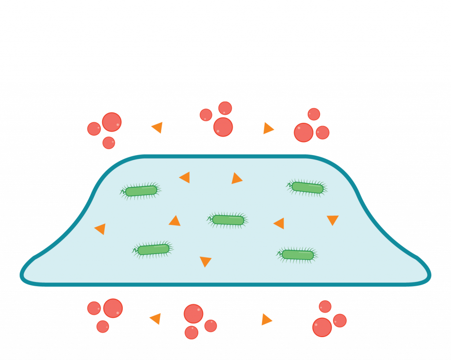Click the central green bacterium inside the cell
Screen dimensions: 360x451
pyautogui.click(x=228, y=220)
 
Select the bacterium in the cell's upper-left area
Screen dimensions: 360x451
pyautogui.click(x=141, y=191)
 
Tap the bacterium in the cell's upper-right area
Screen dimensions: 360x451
pyautogui.click(x=307, y=187)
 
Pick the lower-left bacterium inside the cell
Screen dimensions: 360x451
pyautogui.click(x=153, y=250)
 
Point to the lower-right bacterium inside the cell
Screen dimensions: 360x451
pyautogui.click(x=298, y=254)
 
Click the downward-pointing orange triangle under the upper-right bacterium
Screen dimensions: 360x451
pyautogui.click(x=333, y=219)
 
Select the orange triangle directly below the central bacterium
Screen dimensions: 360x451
pyautogui.click(x=205, y=261)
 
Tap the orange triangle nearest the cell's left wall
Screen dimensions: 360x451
pyautogui.click(x=101, y=228)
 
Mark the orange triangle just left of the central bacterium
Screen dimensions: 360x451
pyautogui.click(x=175, y=221)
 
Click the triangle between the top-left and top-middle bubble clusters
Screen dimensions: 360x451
pyautogui.click(x=158, y=127)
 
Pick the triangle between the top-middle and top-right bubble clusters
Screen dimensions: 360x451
pyautogui.click(x=268, y=128)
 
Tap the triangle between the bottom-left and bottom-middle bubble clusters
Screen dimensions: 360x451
pyautogui.click(x=156, y=318)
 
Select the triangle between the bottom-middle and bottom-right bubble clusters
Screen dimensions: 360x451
pyautogui.click(x=266, y=320)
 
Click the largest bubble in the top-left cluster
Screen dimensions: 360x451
pyautogui.click(x=111, y=122)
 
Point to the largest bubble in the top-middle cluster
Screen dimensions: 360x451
pyautogui.click(x=223, y=127)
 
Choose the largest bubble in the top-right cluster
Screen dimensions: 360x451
pyautogui.click(x=303, y=132)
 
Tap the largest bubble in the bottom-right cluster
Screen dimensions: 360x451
pyautogui.click(x=322, y=327)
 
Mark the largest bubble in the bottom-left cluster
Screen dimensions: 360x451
pyautogui.click(x=113, y=308)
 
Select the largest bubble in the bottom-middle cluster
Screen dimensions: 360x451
pyautogui.click(x=193, y=314)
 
